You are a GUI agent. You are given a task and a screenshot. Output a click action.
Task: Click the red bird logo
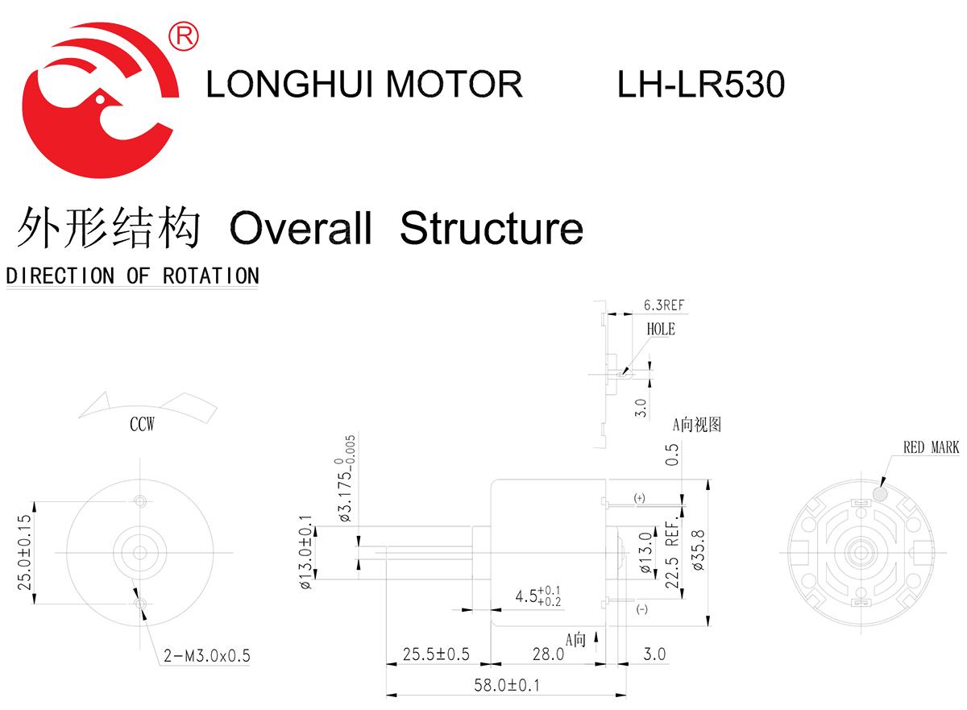(x=101, y=101)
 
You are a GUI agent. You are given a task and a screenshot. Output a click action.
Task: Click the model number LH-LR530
(x=700, y=84)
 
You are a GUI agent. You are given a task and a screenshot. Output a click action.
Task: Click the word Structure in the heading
(x=491, y=228)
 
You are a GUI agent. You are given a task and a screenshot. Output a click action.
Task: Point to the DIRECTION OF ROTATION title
(x=132, y=276)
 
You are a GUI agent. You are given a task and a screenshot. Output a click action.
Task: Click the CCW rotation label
(x=142, y=425)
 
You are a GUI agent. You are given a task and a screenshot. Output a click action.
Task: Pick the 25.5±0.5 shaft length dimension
(x=437, y=654)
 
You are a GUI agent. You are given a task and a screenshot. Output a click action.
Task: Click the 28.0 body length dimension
(x=548, y=654)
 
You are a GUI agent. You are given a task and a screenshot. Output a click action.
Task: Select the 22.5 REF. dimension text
(x=670, y=556)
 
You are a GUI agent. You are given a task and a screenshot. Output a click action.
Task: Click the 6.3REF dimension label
(x=663, y=305)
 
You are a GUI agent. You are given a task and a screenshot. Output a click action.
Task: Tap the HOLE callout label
(x=661, y=329)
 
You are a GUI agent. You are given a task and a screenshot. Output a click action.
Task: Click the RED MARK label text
(x=931, y=447)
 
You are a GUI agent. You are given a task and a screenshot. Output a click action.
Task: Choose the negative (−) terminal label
(x=642, y=609)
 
